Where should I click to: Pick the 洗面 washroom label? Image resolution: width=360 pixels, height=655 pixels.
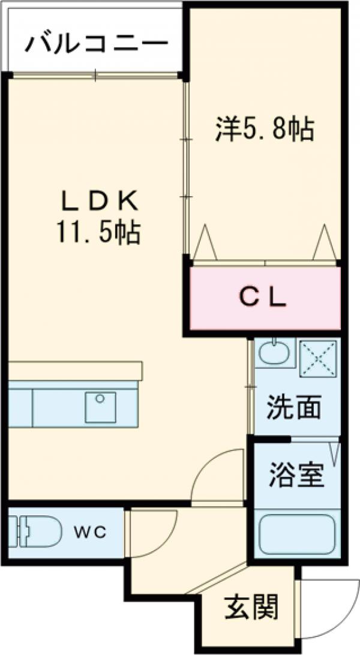(x=293, y=408)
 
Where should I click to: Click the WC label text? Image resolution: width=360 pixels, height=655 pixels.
(x=91, y=531)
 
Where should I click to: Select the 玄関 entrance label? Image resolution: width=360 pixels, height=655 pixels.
(x=252, y=609)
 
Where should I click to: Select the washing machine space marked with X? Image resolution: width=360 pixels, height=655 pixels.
(x=319, y=358)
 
